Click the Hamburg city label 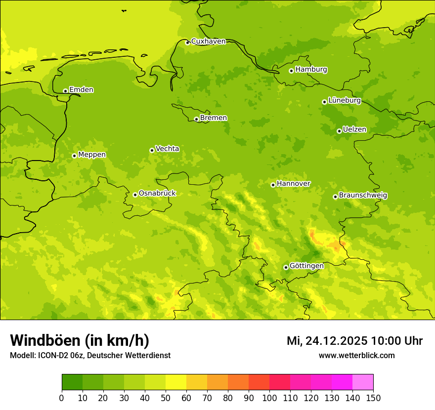pos(311,70)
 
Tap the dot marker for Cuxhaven pos(187,42)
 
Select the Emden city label pos(81,90)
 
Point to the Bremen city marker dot pos(196,119)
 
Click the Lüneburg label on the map pos(344,101)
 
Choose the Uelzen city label pos(354,130)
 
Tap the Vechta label pos(167,149)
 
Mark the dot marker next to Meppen pos(74,156)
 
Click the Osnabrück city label pos(157,194)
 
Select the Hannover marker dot pos(273,185)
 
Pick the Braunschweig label pos(363,196)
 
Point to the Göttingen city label pos(306,266)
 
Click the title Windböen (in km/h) pos(80,340)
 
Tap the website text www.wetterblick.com pos(356,356)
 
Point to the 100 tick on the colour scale pos(269,398)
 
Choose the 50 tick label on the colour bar pos(166,398)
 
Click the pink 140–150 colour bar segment pos(363,382)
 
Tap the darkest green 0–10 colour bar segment pos(72,382)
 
